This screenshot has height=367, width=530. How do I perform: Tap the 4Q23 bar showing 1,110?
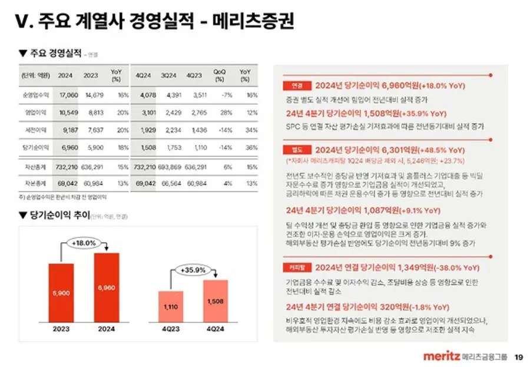(170, 306)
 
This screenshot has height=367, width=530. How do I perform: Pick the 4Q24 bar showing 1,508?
(216, 300)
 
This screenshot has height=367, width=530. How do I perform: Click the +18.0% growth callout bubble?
(84, 243)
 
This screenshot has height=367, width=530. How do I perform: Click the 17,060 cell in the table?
(69, 94)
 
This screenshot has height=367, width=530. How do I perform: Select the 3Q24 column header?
(168, 75)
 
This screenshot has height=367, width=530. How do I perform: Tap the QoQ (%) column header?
(219, 75)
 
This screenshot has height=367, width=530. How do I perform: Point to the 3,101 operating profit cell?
(147, 113)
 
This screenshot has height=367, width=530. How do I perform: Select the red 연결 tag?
(296, 85)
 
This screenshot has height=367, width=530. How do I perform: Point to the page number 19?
(519, 356)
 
